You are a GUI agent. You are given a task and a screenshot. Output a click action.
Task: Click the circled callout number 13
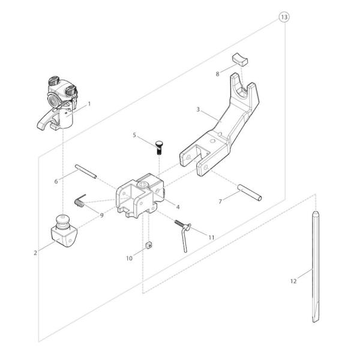[284, 17]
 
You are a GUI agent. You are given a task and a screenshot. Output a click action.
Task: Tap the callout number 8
[217, 74]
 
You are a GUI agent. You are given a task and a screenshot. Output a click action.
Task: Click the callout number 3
[198, 110]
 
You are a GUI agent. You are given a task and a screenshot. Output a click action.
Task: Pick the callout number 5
[134, 135]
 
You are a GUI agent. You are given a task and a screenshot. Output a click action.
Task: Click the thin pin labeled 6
[86, 171]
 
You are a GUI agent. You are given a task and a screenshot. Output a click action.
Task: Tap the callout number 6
[56, 181]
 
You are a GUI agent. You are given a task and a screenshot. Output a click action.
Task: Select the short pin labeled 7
[250, 193]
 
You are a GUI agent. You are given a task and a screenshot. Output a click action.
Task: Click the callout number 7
[220, 202]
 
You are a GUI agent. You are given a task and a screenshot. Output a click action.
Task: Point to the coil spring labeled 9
[80, 200]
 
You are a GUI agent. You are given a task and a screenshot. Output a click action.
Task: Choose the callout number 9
[102, 215]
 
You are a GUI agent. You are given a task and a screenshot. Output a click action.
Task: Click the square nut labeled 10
[149, 245]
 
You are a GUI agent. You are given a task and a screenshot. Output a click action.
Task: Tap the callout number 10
[129, 258]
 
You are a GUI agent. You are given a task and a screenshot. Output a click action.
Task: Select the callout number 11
[211, 238]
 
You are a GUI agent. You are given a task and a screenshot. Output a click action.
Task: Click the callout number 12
[293, 281]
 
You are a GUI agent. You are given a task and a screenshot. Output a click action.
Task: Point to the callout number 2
[35, 253]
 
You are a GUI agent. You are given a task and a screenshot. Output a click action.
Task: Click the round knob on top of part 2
[64, 220]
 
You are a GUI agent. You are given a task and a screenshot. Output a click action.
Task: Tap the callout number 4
[178, 207]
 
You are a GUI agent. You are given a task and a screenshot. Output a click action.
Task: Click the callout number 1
[89, 104]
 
